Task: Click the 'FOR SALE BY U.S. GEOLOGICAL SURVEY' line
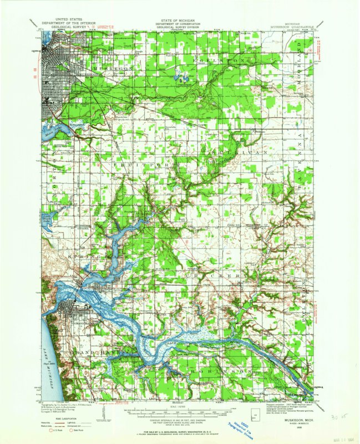(x=180, y=431)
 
